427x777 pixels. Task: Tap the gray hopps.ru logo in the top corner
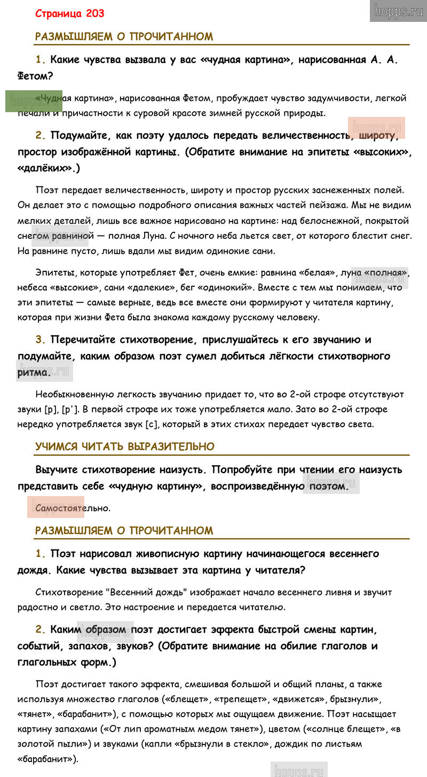click(x=398, y=11)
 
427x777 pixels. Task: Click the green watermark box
click(x=34, y=101)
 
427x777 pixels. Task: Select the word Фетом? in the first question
click(x=35, y=76)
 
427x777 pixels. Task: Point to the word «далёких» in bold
click(x=47, y=168)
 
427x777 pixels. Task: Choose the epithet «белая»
click(x=317, y=273)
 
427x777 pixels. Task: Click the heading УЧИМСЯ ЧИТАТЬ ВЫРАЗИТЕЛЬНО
click(x=125, y=446)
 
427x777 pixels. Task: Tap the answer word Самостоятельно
click(x=73, y=508)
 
